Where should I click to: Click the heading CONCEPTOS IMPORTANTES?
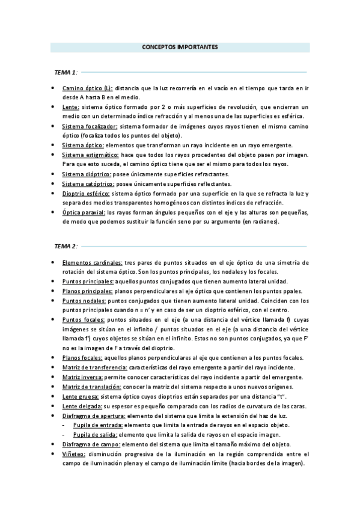click(180, 46)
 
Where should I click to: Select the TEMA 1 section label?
click(66, 72)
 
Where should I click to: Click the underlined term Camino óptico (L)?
click(87, 88)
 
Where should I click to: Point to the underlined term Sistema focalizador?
click(90, 127)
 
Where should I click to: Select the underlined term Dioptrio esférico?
click(86, 194)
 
